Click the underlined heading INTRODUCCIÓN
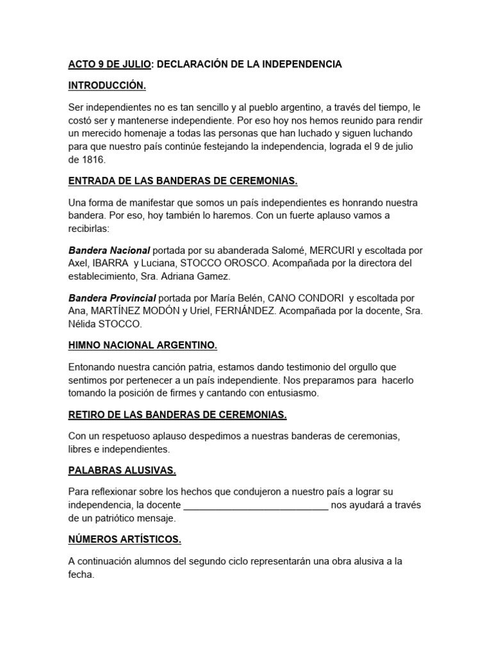(x=107, y=85)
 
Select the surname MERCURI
(x=335, y=250)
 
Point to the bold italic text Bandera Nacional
(x=109, y=250)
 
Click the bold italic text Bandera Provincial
(x=112, y=298)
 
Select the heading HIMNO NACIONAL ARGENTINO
(x=143, y=345)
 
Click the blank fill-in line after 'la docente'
(x=256, y=505)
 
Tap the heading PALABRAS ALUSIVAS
(x=122, y=471)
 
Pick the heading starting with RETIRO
(x=177, y=414)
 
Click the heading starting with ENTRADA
(x=183, y=181)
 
